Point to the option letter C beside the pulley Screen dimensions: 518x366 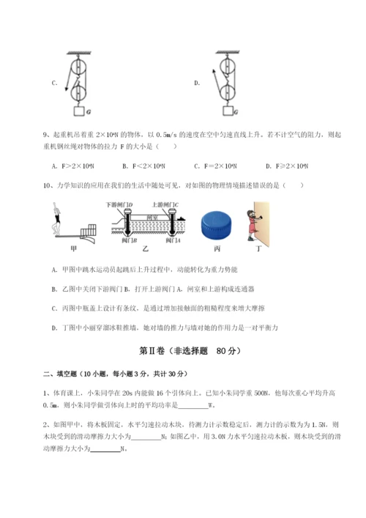pos(53,84)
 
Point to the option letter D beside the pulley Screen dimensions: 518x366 pos(197,84)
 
